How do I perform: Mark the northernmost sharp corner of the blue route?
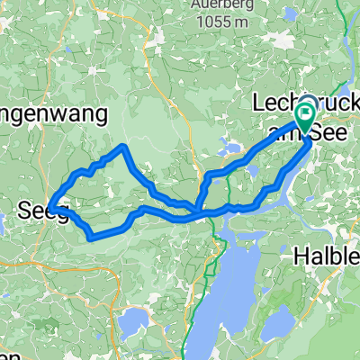(x=122, y=146)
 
